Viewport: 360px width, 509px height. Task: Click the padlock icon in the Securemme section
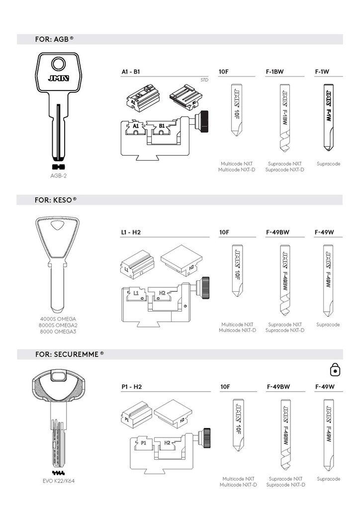[335, 370]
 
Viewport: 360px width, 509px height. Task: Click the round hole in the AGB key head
[59, 64]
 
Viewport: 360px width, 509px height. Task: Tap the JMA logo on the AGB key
[59, 78]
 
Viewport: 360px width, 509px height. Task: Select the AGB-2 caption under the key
[59, 175]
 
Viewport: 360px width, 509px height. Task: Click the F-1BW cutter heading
[274, 72]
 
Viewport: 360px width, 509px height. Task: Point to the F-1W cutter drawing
[328, 117]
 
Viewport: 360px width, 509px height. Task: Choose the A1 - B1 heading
[130, 72]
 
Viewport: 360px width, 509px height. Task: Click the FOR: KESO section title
[56, 200]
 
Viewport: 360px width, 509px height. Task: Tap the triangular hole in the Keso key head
[58, 226]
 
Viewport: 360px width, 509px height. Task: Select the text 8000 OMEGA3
[58, 332]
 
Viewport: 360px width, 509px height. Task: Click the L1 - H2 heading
[130, 233]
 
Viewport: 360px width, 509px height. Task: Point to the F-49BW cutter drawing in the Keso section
[285, 280]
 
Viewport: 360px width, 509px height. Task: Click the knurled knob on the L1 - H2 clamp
[205, 288]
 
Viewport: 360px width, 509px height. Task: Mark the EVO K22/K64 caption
[59, 481]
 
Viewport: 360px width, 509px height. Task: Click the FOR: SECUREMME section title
[70, 354]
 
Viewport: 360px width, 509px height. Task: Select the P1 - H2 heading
[131, 387]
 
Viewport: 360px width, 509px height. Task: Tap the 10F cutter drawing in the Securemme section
[238, 425]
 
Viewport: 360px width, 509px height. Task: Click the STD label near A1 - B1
[204, 80]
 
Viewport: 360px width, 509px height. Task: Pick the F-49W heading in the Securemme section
[325, 387]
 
